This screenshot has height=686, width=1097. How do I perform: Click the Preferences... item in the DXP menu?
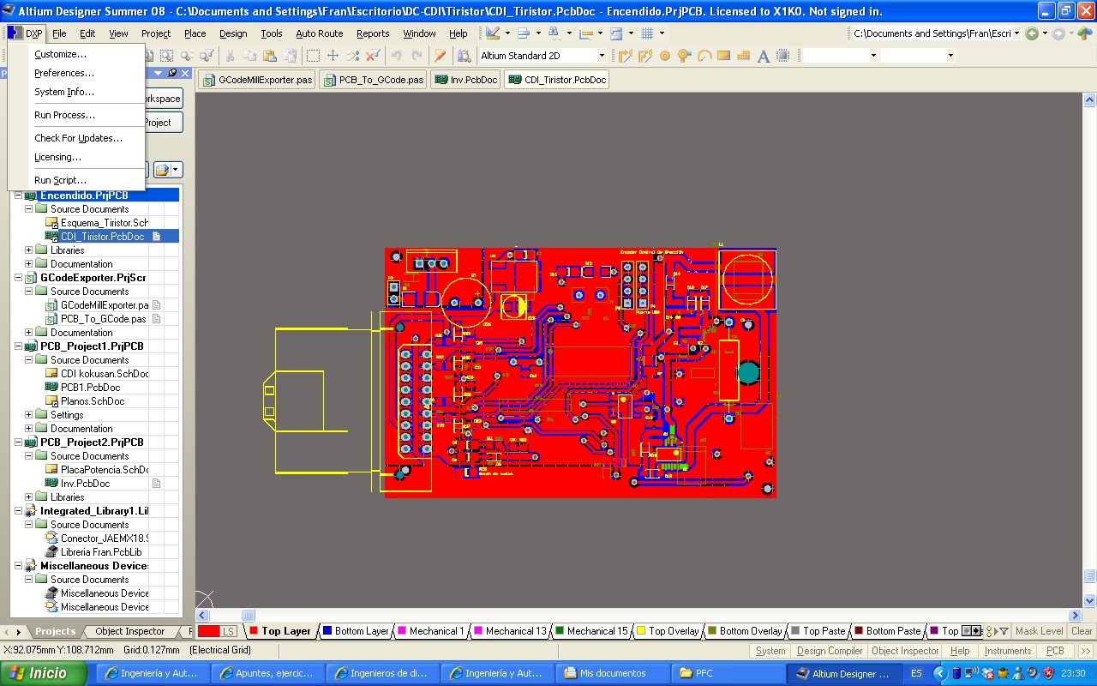tap(64, 73)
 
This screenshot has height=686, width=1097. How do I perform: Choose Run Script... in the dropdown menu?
tap(60, 180)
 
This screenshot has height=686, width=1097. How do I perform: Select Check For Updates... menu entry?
tap(78, 138)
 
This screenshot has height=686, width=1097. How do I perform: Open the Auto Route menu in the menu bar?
tap(319, 33)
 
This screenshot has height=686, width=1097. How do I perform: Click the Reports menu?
tap(373, 33)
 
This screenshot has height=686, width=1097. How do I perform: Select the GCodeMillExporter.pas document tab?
tap(258, 80)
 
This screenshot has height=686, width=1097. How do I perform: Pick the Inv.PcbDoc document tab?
tap(466, 80)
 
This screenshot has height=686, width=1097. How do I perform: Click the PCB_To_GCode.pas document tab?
tap(373, 80)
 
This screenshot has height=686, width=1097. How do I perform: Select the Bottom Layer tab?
tap(355, 631)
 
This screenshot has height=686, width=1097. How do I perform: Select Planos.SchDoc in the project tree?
tap(92, 401)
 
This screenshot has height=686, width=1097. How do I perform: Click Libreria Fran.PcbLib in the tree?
tap(101, 552)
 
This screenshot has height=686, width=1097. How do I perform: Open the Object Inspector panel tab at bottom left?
tap(129, 631)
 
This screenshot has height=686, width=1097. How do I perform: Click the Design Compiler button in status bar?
tap(830, 651)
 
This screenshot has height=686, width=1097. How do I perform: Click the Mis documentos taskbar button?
tap(612, 673)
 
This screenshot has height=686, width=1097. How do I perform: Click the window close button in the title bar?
tap(1085, 11)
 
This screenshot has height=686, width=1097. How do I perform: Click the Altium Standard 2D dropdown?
tap(542, 56)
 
